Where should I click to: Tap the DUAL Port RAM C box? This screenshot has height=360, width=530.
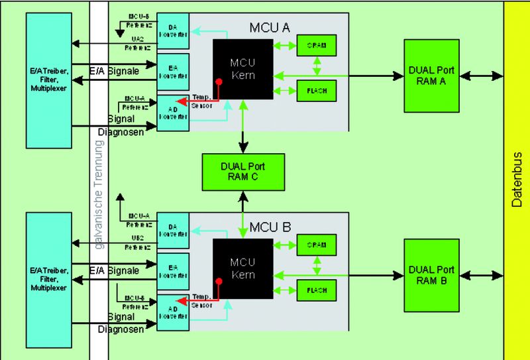click(243, 171)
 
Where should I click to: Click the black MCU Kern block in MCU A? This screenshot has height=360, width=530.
click(242, 69)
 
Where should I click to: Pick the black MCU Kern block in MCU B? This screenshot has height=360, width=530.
click(242, 268)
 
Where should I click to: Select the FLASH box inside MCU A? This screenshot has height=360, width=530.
click(317, 90)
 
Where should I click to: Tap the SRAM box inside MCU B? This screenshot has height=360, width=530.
click(317, 245)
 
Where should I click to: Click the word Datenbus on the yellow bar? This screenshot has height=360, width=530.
click(517, 180)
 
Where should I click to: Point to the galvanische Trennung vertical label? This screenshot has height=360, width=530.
click(99, 199)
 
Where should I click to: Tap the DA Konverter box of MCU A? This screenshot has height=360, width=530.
click(173, 30)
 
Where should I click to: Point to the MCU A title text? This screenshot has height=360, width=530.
click(270, 28)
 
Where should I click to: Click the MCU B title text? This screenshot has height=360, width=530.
click(270, 227)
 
